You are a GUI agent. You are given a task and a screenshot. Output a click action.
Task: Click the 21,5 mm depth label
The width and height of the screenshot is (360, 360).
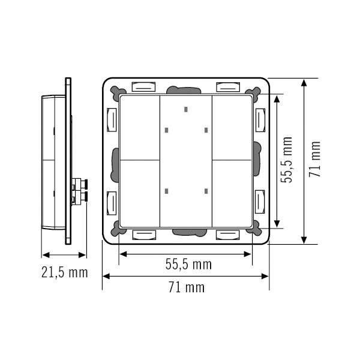click(x=63, y=273)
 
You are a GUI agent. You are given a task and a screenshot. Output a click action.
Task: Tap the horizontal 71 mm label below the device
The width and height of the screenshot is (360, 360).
click(x=185, y=287)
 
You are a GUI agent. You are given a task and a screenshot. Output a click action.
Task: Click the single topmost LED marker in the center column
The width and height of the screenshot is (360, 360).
click(x=185, y=110)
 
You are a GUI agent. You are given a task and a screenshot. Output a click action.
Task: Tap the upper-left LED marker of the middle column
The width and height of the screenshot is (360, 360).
click(x=166, y=130)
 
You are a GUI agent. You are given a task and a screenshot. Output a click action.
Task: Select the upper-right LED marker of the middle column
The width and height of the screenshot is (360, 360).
click(x=205, y=130)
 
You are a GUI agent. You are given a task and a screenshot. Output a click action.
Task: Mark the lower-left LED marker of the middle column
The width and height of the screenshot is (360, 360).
click(x=166, y=192)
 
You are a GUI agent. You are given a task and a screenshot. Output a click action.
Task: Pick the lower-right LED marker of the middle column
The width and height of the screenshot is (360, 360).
click(x=205, y=192)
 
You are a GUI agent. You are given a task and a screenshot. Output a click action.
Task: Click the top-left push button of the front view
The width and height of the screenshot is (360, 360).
click(x=140, y=126)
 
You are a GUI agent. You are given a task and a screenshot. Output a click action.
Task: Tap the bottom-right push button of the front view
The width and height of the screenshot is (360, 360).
click(x=232, y=192)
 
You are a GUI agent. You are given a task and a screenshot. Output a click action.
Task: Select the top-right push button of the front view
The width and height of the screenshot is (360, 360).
click(x=232, y=126)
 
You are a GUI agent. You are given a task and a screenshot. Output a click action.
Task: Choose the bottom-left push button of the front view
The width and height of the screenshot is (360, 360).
click(x=140, y=192)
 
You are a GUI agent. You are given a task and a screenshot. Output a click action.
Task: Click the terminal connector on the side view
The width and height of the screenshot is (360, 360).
click(x=79, y=190)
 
